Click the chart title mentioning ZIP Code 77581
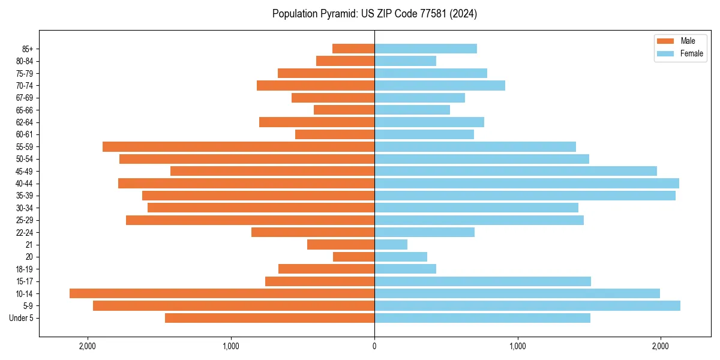click(374, 14)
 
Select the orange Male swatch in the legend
click(665, 41)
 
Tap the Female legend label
click(691, 53)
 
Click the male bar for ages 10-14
click(222, 293)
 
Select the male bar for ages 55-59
click(238, 146)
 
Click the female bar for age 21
click(391, 244)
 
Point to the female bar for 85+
click(425, 49)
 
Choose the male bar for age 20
click(353, 257)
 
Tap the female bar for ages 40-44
click(526, 183)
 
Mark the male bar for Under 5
click(269, 318)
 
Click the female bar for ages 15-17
click(482, 281)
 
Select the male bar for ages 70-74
click(316, 85)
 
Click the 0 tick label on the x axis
click(374, 346)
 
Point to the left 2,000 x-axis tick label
click(88, 346)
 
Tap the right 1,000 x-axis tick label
click(517, 346)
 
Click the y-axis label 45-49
click(25, 171)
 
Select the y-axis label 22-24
click(25, 232)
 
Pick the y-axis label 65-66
click(25, 110)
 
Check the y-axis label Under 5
click(22, 318)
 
